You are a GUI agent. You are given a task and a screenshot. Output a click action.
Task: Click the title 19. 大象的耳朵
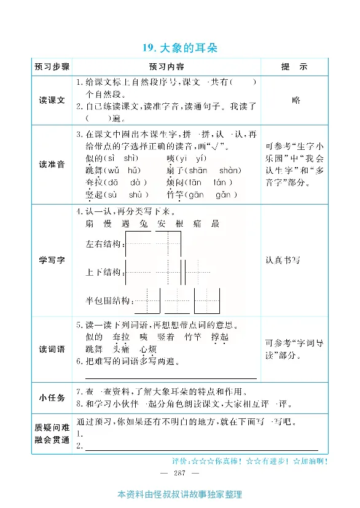click(x=179, y=47)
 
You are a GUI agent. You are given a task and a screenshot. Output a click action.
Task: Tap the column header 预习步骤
click(x=52, y=66)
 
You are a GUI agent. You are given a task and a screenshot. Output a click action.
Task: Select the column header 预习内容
click(x=166, y=66)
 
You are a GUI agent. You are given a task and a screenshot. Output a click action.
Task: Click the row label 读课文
click(x=52, y=100)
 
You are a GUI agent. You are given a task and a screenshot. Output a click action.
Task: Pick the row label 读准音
click(x=52, y=164)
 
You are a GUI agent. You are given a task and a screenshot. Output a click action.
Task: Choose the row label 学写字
click(x=52, y=260)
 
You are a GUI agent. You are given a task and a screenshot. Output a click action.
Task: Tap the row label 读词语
click(x=52, y=349)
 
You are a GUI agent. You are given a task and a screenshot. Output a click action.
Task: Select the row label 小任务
click(x=52, y=397)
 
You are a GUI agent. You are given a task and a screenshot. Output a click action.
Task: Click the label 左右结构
click(x=104, y=244)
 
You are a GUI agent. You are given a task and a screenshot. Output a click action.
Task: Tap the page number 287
click(x=179, y=472)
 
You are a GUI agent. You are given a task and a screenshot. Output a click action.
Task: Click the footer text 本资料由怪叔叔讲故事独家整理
click(x=179, y=494)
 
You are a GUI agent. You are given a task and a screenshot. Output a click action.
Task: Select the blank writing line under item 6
click(x=171, y=378)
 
